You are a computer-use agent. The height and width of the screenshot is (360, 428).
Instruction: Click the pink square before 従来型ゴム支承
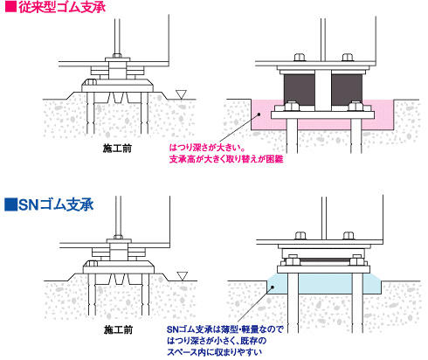click(x=10, y=6)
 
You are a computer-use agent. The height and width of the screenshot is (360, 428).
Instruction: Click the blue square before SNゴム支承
click(x=10, y=204)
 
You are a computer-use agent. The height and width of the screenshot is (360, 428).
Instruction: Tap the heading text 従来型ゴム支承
click(x=62, y=6)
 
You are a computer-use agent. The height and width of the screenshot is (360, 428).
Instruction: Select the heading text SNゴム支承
click(x=56, y=204)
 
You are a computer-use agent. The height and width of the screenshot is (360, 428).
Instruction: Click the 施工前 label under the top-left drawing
click(x=117, y=149)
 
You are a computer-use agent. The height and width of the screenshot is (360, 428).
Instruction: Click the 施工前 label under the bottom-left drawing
click(x=118, y=329)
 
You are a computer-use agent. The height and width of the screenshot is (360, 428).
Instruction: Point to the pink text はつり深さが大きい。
click(x=206, y=148)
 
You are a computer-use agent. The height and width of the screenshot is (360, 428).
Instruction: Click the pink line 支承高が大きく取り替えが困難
click(x=226, y=159)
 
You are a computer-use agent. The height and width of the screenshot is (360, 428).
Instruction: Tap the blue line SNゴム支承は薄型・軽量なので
click(x=225, y=329)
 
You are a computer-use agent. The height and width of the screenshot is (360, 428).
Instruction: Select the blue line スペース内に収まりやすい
click(x=214, y=352)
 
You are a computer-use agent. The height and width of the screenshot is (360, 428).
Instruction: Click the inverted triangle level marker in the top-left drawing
click(x=181, y=94)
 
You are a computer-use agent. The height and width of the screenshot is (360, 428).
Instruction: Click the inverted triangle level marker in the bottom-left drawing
click(x=183, y=276)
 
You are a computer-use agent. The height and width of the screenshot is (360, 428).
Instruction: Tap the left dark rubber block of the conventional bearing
click(x=300, y=88)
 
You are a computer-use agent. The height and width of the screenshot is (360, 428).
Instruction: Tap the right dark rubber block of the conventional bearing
click(x=347, y=88)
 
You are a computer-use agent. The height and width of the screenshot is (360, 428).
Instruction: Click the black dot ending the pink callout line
click(x=258, y=114)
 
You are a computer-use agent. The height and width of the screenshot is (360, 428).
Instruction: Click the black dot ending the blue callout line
click(x=273, y=287)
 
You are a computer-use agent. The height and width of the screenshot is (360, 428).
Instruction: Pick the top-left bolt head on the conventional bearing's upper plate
click(x=300, y=57)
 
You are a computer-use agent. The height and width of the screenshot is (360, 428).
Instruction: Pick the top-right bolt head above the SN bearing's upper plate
click(x=349, y=235)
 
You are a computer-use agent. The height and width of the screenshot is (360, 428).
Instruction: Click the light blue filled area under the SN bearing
click(x=325, y=284)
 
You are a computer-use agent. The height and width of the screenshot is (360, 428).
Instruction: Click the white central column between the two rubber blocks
click(x=323, y=91)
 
